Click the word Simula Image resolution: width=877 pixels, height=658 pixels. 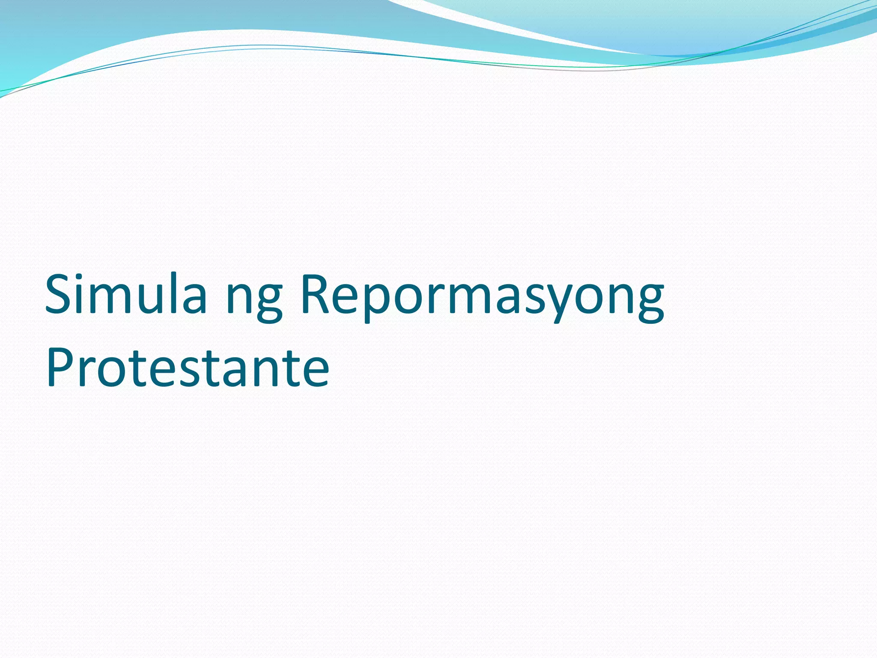point(126,295)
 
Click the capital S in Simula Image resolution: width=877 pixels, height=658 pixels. point(60,295)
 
